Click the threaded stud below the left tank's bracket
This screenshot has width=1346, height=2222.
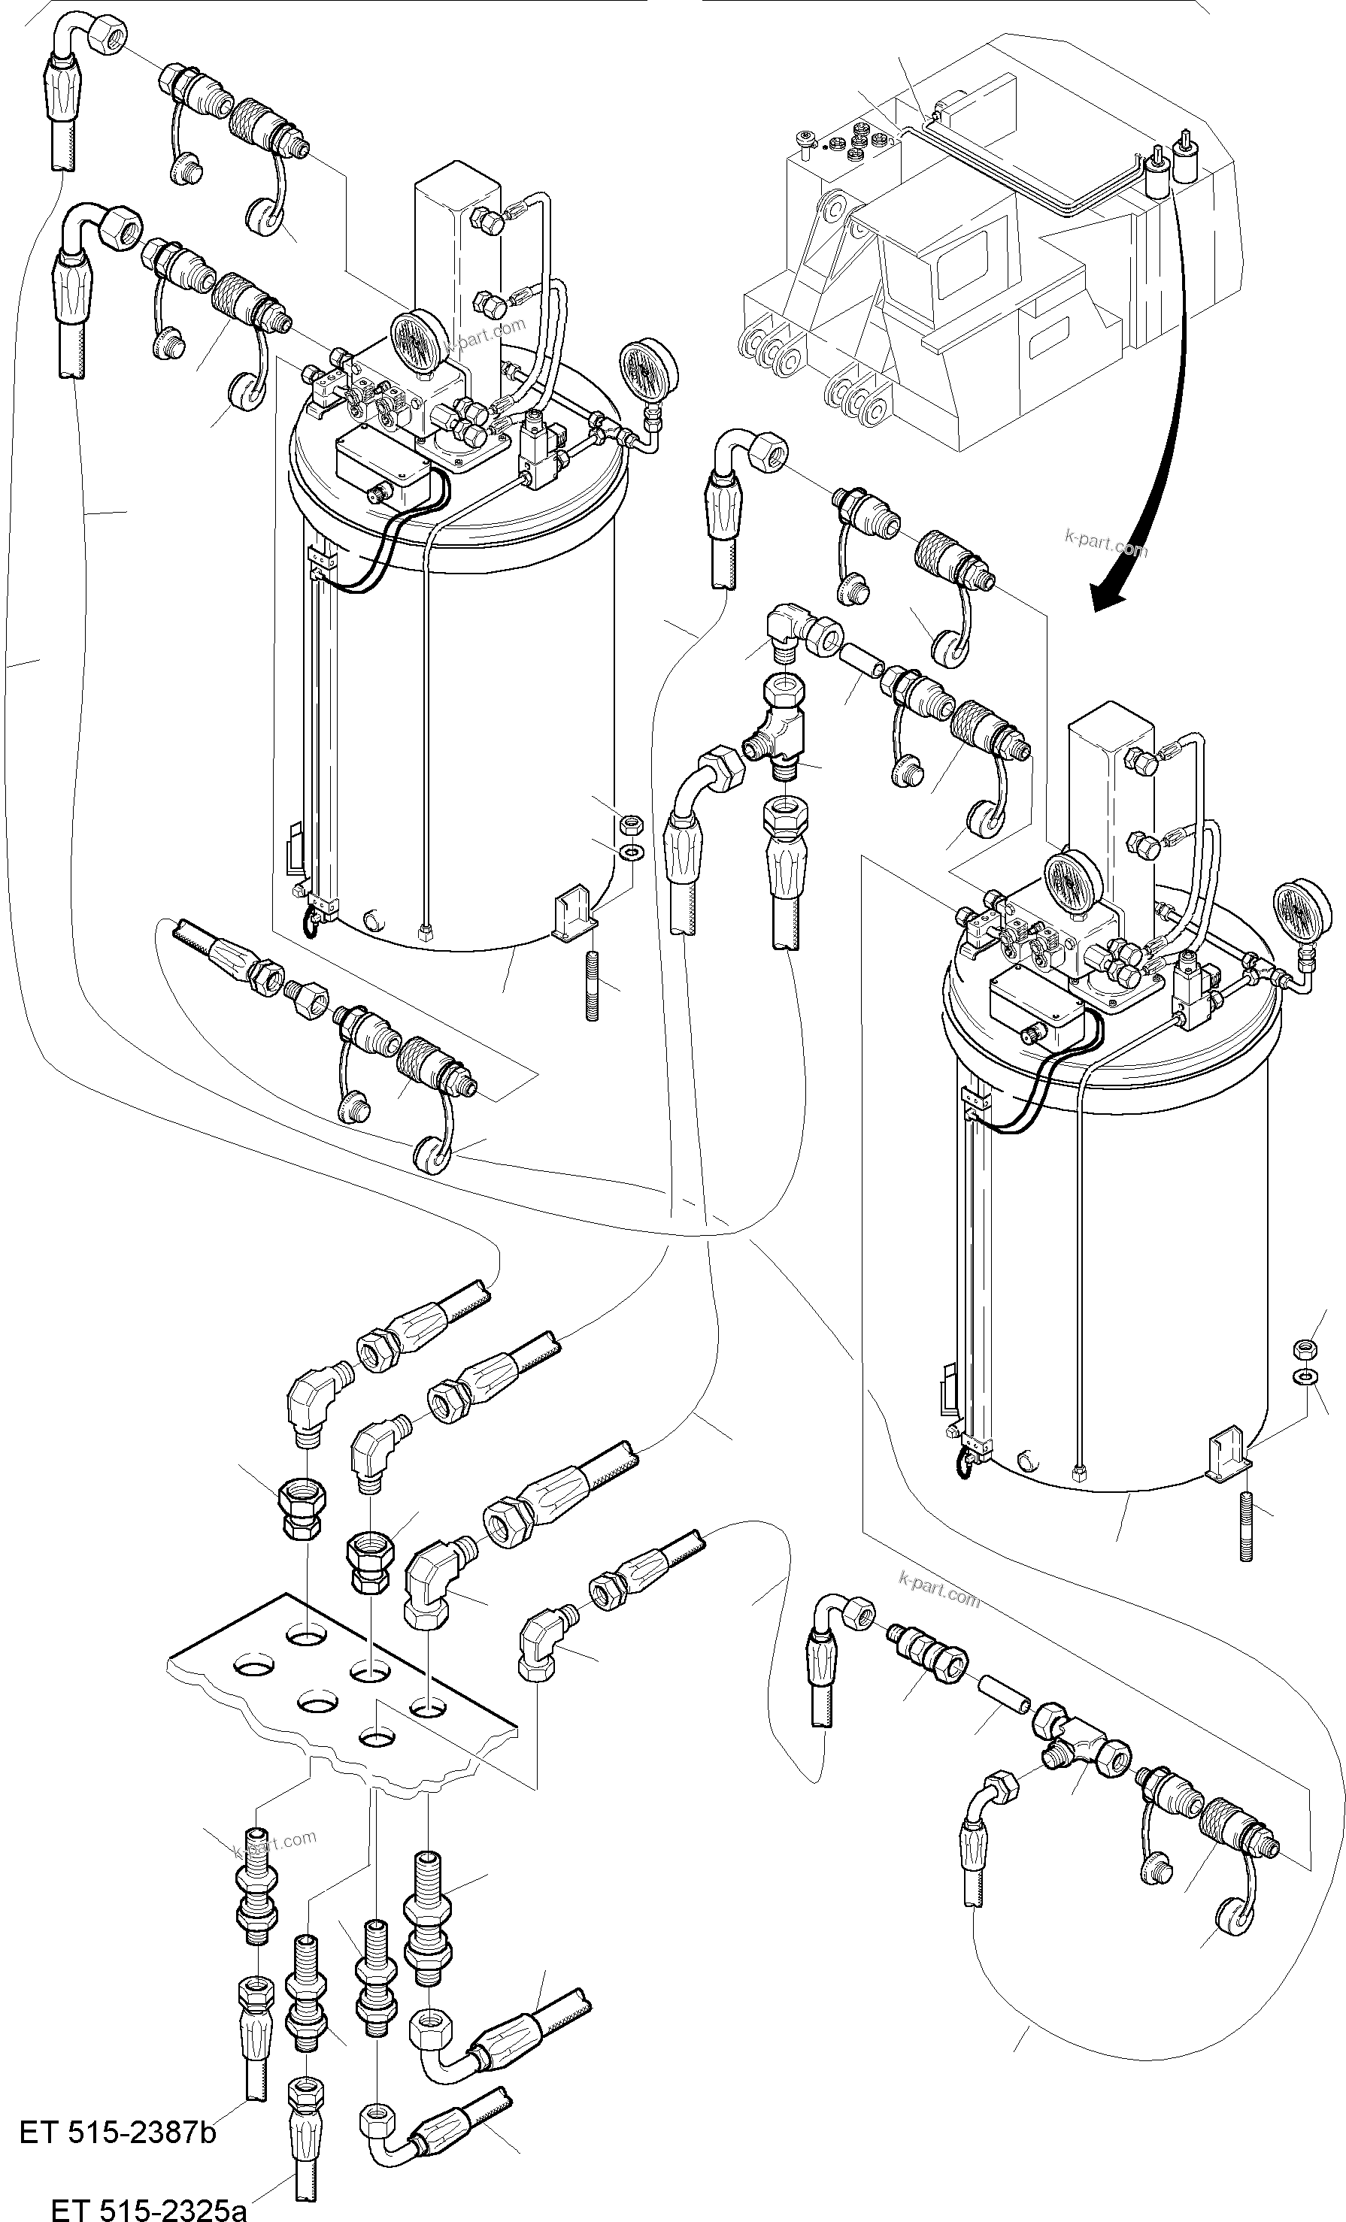(x=593, y=986)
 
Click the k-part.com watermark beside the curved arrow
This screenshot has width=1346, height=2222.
(x=1106, y=545)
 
